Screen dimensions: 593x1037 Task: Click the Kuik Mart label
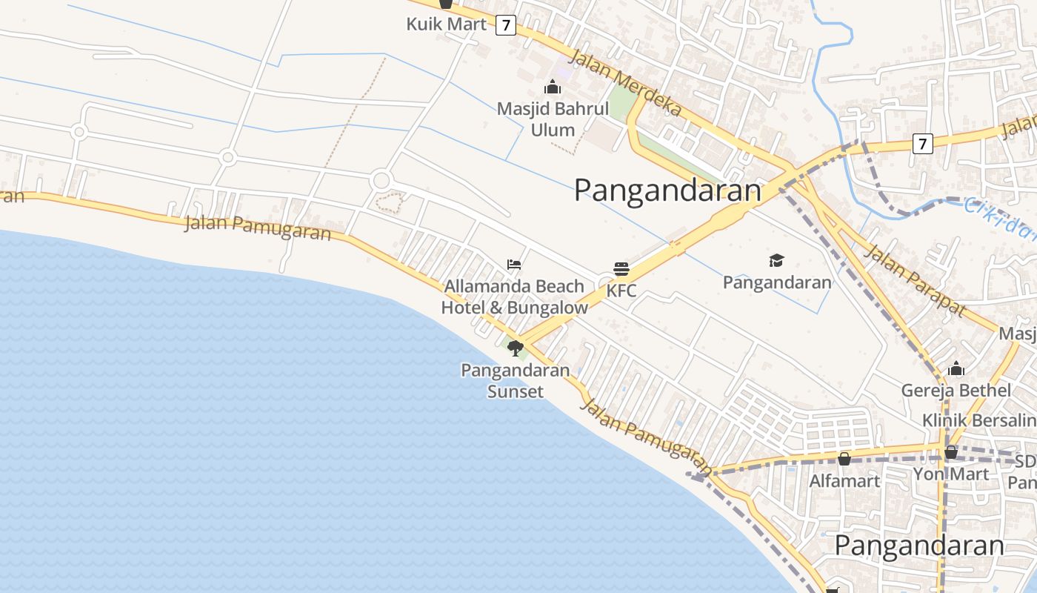[446, 24]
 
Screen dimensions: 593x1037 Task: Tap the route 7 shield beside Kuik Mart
[506, 24]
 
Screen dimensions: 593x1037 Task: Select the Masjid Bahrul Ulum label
[553, 119]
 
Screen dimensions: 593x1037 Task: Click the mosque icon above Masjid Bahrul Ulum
[553, 87]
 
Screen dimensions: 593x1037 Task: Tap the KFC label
[621, 291]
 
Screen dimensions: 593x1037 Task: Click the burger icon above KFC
[621, 268]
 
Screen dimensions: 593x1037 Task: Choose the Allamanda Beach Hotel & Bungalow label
[514, 296]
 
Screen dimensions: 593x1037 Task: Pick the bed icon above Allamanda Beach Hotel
[514, 265]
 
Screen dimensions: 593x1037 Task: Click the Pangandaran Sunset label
[515, 380]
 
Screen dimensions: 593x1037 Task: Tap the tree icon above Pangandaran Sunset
[516, 348]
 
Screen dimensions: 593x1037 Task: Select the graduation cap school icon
[776, 260]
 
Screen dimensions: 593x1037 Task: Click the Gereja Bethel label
[956, 390]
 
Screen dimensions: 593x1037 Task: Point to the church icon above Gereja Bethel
[956, 368]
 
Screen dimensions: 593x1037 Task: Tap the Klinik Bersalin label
[978, 420]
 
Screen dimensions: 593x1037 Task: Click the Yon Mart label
[950, 474]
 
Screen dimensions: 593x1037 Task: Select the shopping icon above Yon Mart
[951, 451]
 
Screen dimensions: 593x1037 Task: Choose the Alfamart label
[844, 481]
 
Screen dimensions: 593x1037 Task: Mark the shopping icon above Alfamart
[844, 459]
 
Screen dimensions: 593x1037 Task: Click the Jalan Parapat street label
[916, 280]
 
